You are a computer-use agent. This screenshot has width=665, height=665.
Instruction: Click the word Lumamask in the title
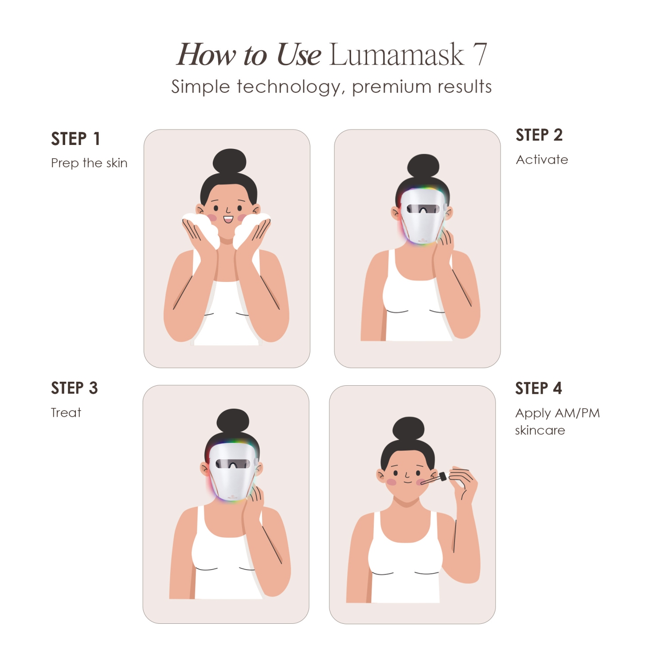pyautogui.click(x=396, y=55)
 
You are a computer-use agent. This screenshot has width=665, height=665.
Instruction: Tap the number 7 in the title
pyautogui.click(x=479, y=55)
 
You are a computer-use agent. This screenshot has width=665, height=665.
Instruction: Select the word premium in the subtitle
pyautogui.click(x=390, y=87)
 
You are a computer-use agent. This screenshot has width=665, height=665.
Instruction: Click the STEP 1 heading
pyautogui.click(x=75, y=139)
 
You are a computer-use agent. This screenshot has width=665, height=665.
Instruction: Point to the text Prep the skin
pyautogui.click(x=89, y=163)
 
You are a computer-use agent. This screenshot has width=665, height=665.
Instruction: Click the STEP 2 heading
pyautogui.click(x=539, y=135)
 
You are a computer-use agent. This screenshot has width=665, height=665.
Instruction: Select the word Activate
pyautogui.click(x=542, y=160)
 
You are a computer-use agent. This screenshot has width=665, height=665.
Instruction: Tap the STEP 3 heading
pyautogui.click(x=74, y=388)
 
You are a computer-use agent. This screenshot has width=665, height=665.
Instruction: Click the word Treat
pyautogui.click(x=66, y=413)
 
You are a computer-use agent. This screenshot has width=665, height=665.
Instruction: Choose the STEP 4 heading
pyautogui.click(x=538, y=389)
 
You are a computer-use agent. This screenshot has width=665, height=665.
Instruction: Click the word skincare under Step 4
pyautogui.click(x=540, y=430)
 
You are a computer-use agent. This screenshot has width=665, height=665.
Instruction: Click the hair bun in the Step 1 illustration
pyautogui.click(x=229, y=161)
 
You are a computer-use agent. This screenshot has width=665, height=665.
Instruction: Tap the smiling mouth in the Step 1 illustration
pyautogui.click(x=228, y=219)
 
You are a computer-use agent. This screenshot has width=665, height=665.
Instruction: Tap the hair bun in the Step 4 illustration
pyautogui.click(x=408, y=428)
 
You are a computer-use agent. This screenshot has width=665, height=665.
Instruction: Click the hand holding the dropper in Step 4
pyautogui.click(x=463, y=481)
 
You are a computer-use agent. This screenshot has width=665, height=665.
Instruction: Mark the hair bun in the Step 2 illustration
pyautogui.click(x=423, y=166)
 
